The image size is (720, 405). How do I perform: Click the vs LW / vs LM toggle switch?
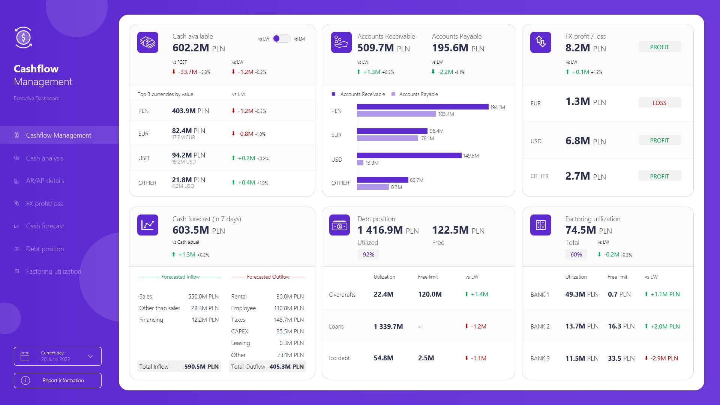[281, 39]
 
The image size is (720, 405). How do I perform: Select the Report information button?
[58, 380]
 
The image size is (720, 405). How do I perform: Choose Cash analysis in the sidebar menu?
[45, 158]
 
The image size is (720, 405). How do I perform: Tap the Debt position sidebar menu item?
[45, 249]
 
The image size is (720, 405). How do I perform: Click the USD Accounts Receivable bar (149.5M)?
[409, 156]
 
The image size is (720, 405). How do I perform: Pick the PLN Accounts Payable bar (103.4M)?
[396, 114]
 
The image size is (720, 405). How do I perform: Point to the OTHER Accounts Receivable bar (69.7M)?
[382, 180]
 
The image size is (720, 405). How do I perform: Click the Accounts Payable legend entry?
[415, 94]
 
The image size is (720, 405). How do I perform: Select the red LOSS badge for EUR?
[660, 103]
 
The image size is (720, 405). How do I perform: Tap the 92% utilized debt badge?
[368, 255]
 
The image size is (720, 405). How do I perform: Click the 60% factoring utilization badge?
[576, 255]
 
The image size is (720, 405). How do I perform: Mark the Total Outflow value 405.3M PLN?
[286, 367]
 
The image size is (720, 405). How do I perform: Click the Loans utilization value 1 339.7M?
[388, 327]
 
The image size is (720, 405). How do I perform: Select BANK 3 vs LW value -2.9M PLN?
[664, 358]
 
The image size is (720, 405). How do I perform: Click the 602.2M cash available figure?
[191, 48]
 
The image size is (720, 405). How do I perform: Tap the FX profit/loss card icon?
[540, 42]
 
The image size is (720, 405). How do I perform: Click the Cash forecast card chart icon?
[148, 225]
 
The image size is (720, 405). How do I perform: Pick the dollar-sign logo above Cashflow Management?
[24, 37]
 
